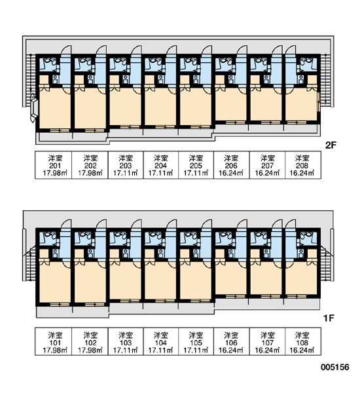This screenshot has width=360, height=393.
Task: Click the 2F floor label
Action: [331, 145]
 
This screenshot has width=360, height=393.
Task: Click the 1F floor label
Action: [329, 318]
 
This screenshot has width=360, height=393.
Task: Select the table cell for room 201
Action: [54, 165]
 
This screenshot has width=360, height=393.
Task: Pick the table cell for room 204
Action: [161, 165]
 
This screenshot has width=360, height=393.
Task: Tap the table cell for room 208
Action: [303, 165]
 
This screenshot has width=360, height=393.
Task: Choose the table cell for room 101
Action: [54, 341]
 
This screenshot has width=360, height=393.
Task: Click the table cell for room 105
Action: [196, 341]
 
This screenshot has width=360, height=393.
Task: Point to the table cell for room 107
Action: [267, 341]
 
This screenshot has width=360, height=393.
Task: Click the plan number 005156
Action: [335, 367]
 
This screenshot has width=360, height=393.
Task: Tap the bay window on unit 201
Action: [33, 108]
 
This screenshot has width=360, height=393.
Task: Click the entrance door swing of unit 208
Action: [291, 50]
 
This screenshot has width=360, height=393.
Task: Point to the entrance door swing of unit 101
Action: [66, 224]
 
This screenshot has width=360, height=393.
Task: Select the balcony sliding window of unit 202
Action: [94, 130]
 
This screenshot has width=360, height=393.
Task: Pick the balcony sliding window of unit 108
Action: [296, 296]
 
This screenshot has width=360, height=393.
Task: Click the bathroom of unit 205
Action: [190, 64]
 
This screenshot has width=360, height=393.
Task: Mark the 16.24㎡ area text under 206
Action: [231, 173]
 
